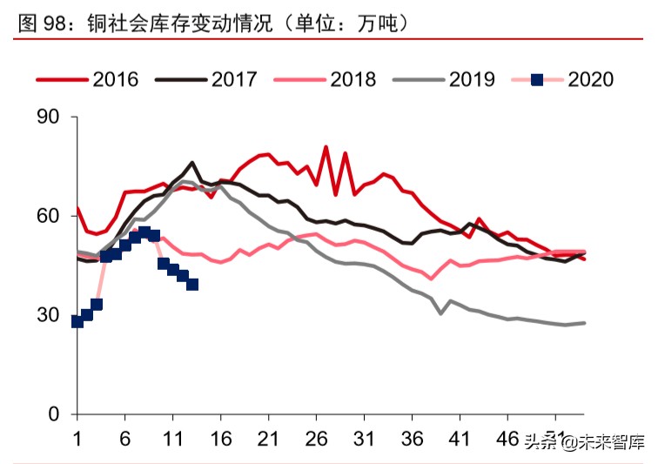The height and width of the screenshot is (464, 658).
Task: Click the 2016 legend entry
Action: (x=116, y=79)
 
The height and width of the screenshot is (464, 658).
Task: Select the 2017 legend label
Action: (x=234, y=79)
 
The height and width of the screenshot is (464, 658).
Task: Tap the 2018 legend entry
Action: (x=352, y=79)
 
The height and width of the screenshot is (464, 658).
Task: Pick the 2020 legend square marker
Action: (x=537, y=79)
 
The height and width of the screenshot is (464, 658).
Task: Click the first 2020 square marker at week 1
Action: (x=77, y=321)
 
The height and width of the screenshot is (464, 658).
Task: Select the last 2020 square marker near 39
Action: (x=192, y=285)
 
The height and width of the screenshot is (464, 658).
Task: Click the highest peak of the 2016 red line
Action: (x=326, y=147)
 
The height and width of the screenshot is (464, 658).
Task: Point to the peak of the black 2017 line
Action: (x=192, y=163)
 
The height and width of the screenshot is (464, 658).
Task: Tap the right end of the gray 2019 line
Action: (x=584, y=323)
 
